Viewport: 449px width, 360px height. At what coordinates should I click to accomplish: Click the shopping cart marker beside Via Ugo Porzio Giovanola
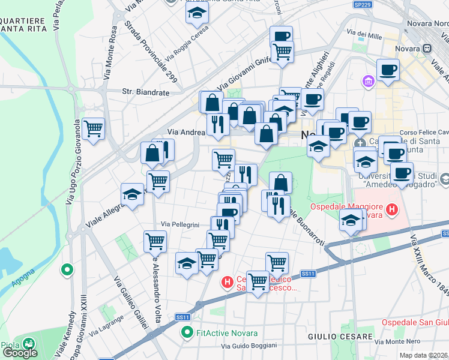pyautogui.click(x=94, y=129)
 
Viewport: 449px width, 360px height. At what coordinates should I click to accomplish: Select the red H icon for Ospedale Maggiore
pyautogui.click(x=392, y=210)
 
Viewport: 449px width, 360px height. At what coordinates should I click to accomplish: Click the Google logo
pyautogui.click(x=19, y=352)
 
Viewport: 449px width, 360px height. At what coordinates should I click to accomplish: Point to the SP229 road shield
pyautogui.click(x=361, y=4)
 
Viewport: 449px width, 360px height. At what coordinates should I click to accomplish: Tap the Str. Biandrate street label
pyautogui.click(x=144, y=92)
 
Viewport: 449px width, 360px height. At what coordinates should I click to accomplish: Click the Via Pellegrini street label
pyautogui.click(x=179, y=224)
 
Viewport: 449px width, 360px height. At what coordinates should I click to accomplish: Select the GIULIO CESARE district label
pyautogui.click(x=333, y=337)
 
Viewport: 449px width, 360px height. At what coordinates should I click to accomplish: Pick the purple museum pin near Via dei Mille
pyautogui.click(x=369, y=80)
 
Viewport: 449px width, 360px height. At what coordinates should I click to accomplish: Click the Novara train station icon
pyautogui.click(x=428, y=48)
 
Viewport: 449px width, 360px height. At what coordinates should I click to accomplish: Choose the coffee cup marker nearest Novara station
pyautogui.click(x=388, y=69)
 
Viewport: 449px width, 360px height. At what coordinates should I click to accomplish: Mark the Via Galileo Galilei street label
pyautogui.click(x=131, y=302)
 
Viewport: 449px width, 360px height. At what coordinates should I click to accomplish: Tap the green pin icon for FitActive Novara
pyautogui.click(x=187, y=332)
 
